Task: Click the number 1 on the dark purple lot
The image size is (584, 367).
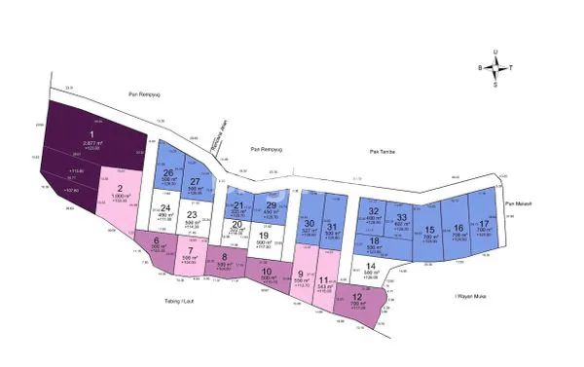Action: click(92, 134)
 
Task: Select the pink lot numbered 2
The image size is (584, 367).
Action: click(119, 193)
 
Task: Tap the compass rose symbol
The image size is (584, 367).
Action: click(496, 68)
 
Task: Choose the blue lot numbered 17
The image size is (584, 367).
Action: click(484, 227)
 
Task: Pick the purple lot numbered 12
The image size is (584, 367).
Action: click(356, 302)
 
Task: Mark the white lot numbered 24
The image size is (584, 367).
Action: click(165, 212)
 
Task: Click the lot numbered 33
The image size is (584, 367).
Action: click(402, 220)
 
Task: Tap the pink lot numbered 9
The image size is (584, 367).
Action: click(300, 277)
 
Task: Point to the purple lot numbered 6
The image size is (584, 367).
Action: click(156, 245)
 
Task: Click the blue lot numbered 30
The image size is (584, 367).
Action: click(310, 230)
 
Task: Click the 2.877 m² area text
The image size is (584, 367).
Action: click(92, 143)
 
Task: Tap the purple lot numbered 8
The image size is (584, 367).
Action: click(225, 261)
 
